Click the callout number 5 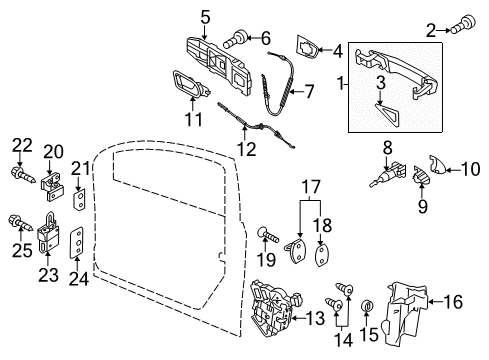tap(205, 17)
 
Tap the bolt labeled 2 tap(463, 24)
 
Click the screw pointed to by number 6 tap(236, 38)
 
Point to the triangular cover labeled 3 tap(387, 115)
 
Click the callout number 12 tap(247, 149)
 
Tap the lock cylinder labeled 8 tap(388, 173)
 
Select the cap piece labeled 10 tap(438, 164)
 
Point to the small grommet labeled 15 tap(367, 305)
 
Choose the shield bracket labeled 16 tap(405, 314)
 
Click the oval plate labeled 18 tap(321, 255)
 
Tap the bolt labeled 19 tap(267, 234)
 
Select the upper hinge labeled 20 tap(51, 187)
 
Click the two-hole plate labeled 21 tap(79, 199)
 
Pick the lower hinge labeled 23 tap(48, 232)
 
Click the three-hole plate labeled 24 tap(77, 243)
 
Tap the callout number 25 tap(22, 250)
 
